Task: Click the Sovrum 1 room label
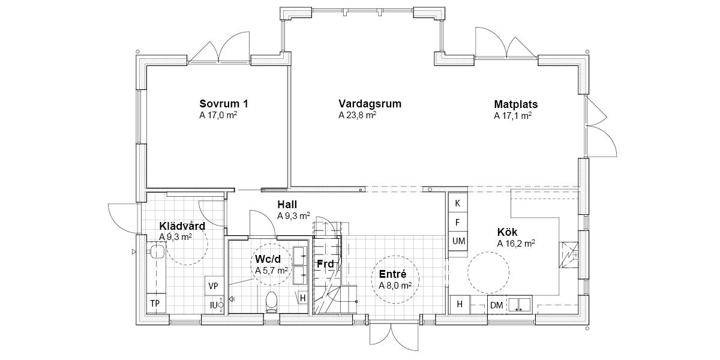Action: click(224, 104)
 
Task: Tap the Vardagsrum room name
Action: click(370, 104)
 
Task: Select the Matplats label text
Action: click(516, 104)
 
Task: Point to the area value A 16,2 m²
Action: click(516, 244)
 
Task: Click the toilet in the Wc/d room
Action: click(272, 302)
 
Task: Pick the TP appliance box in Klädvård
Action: click(156, 304)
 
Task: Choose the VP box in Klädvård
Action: click(214, 286)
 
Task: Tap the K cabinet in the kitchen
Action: click(458, 203)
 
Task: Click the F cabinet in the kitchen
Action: click(458, 222)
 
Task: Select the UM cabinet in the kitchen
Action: click(458, 241)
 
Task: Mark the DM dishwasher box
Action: click(497, 305)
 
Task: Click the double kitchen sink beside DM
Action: click(520, 305)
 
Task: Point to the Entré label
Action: click(392, 274)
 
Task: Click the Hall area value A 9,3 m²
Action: click(294, 216)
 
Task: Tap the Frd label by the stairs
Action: click(325, 264)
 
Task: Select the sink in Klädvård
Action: click(157, 251)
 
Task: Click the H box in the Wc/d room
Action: click(302, 298)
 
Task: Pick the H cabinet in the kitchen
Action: click(460, 304)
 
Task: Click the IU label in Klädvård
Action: click(214, 305)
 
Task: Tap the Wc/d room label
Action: click(268, 259)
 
